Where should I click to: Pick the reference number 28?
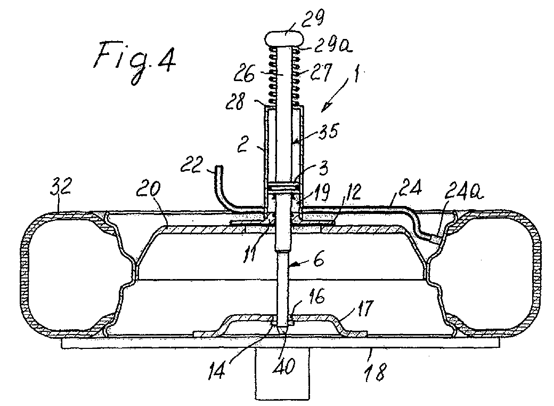point(235,102)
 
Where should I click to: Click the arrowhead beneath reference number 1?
point(327,105)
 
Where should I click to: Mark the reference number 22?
point(192,165)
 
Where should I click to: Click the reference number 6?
point(318,260)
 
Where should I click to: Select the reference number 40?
point(286,367)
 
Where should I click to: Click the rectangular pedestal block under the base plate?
point(282,374)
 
